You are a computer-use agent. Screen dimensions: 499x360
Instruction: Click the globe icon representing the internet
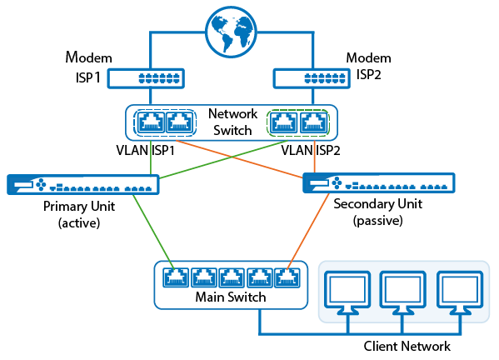[x=231, y=32]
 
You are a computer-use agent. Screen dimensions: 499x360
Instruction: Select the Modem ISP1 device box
[x=146, y=78]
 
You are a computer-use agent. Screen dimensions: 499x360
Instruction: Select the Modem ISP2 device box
[x=312, y=78]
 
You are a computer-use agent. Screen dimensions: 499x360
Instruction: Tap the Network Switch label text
[x=232, y=122]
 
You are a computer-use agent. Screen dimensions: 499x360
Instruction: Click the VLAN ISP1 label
[x=146, y=150]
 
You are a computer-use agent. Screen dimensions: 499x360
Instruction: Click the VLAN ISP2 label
[x=311, y=150]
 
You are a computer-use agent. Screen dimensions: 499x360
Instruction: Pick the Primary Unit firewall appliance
[x=83, y=184]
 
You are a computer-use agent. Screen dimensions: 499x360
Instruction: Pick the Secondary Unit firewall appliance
[x=379, y=182]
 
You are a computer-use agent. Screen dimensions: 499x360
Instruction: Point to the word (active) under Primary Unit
[x=79, y=222]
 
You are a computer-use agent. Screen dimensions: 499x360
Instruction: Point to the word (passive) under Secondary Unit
[x=377, y=221]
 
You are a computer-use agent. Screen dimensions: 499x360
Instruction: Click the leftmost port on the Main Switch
[x=176, y=277]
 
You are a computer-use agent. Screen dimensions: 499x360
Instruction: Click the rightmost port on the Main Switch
[x=287, y=277]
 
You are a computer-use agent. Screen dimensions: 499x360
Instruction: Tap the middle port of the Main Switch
[x=232, y=277]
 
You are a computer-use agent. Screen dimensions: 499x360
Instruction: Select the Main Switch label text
[x=231, y=297]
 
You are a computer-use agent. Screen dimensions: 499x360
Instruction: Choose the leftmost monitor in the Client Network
[x=347, y=292]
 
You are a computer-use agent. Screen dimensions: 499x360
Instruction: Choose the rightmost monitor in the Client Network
[x=460, y=292]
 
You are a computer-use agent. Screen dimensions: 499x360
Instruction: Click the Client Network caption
[x=407, y=346]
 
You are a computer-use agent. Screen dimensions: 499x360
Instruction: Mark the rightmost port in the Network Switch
[x=314, y=122]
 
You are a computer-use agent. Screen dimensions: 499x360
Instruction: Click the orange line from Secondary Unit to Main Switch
[x=308, y=231]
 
